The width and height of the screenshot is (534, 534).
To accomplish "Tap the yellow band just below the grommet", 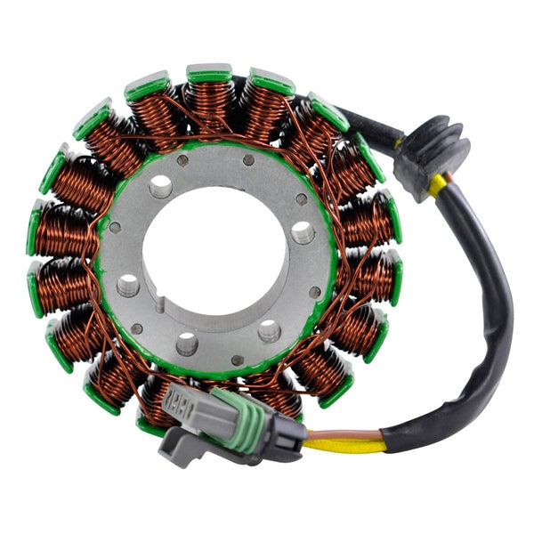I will pos(437,184).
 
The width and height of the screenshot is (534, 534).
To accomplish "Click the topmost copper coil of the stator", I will pos(210,103).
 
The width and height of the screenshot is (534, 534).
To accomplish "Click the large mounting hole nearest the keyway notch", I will pos(129,285).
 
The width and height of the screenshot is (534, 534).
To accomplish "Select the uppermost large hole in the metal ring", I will pos(161,186).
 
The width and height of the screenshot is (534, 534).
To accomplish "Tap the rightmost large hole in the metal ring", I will pos(303,233).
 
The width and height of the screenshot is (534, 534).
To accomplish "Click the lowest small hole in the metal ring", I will pos(236,360).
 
